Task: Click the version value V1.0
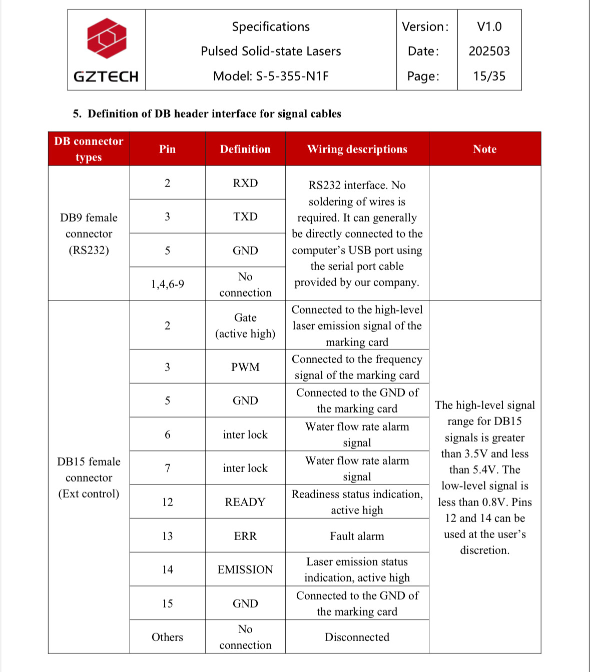click(x=489, y=26)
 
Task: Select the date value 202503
click(x=489, y=51)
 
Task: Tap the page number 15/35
click(x=489, y=76)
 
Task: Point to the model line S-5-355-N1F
click(x=271, y=76)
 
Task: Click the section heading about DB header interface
click(x=207, y=113)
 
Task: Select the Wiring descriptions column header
click(x=357, y=149)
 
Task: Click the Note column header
click(x=484, y=149)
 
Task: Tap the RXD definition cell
click(x=245, y=183)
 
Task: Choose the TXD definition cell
click(x=245, y=216)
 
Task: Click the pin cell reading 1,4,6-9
click(x=167, y=284)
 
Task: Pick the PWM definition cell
click(x=245, y=367)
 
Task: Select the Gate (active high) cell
click(x=245, y=325)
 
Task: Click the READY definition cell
click(x=245, y=502)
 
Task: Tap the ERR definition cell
click(x=245, y=536)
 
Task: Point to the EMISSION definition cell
click(x=245, y=569)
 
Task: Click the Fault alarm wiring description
click(x=357, y=536)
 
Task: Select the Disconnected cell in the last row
click(x=357, y=637)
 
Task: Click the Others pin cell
click(x=167, y=637)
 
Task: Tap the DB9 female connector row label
click(x=89, y=233)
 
